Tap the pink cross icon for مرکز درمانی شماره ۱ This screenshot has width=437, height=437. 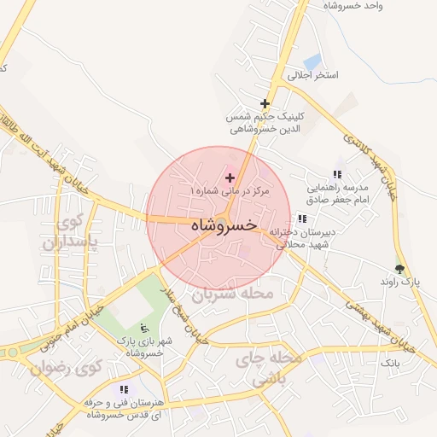pos(230,178)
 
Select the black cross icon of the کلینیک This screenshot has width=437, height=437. pos(265,103)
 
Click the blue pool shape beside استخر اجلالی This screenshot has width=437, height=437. pos(312,61)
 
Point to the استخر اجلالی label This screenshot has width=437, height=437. pos(312,75)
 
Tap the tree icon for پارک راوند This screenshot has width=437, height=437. pos(399,268)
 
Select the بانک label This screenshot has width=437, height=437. pos(390,364)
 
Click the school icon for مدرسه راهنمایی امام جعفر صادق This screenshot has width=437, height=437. pos(336,174)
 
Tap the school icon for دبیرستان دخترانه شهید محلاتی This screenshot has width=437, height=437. pos(302,218)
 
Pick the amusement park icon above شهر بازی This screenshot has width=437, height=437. pos(143,329)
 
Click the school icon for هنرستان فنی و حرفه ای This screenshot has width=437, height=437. pos(124,389)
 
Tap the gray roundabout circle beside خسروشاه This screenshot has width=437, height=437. pos(221,225)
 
